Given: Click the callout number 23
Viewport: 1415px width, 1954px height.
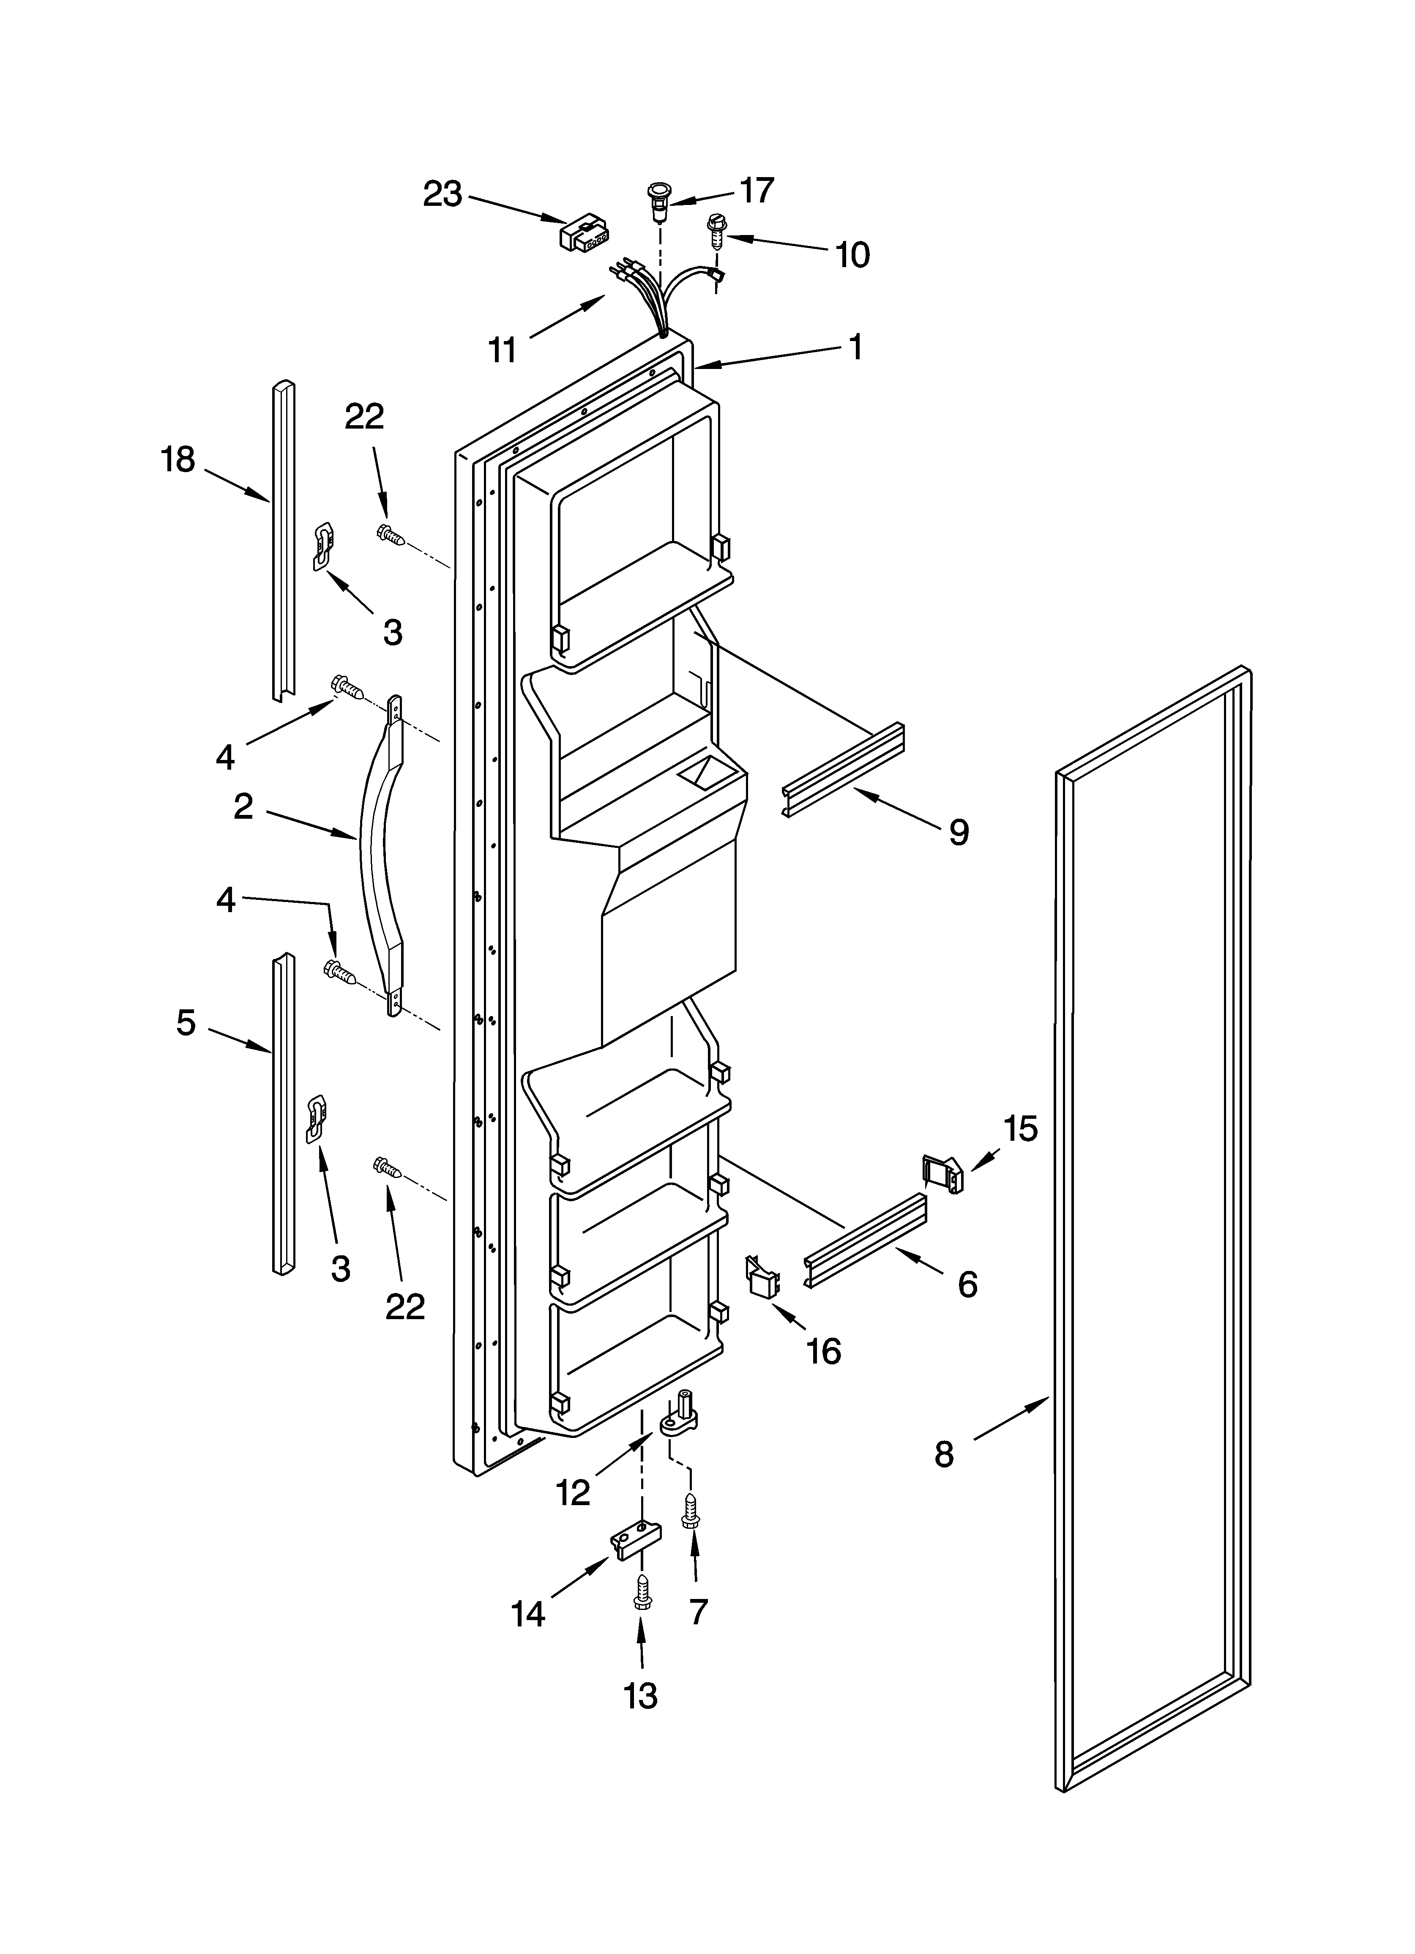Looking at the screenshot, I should tap(442, 195).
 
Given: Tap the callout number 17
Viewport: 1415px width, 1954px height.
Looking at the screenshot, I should tap(757, 190).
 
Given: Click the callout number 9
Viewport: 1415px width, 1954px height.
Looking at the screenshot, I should tap(958, 832).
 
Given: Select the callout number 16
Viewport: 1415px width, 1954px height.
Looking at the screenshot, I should tap(823, 1351).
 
